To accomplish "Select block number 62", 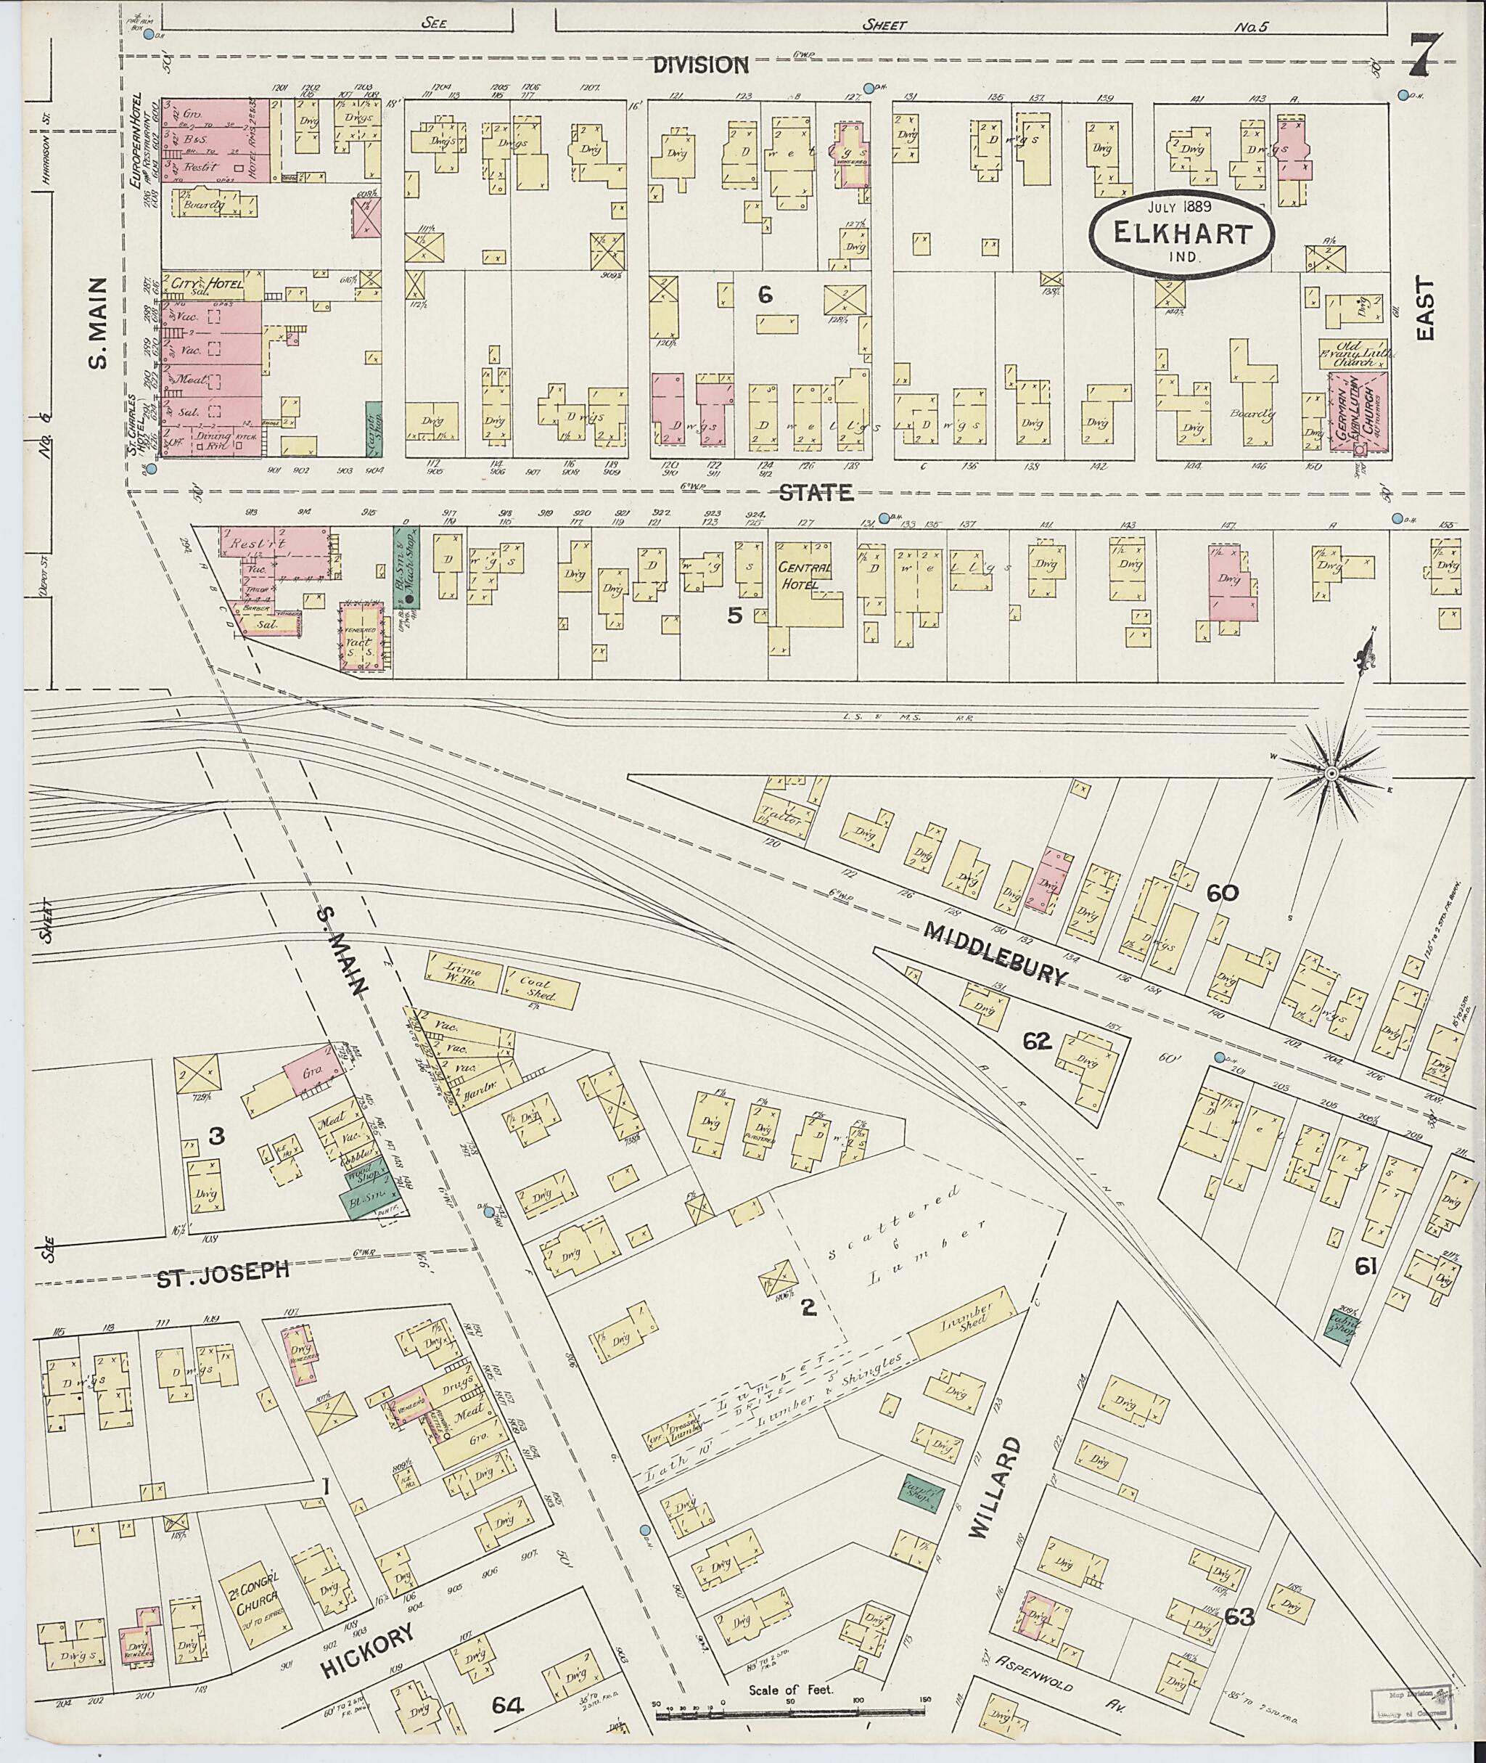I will click(x=1037, y=1042).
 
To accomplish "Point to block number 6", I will click(x=764, y=294).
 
